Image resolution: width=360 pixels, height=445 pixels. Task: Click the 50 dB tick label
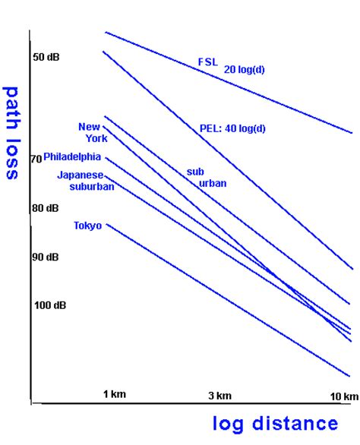[x=46, y=57]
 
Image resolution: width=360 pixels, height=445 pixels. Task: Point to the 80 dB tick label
[x=46, y=208]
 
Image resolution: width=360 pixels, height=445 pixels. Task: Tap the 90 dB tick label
[x=46, y=257]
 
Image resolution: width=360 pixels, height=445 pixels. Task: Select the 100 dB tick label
[x=49, y=305]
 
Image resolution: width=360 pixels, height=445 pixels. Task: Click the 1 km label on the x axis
[x=115, y=394]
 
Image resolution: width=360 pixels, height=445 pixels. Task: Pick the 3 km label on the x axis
[x=219, y=395]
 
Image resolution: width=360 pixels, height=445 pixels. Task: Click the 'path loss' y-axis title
[x=12, y=131]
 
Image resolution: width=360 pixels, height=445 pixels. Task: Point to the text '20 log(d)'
[x=245, y=69]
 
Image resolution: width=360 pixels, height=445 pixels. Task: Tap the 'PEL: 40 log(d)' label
[x=232, y=128]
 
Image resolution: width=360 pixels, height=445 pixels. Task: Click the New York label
[x=93, y=132]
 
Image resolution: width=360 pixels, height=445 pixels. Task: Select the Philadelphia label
[x=72, y=157]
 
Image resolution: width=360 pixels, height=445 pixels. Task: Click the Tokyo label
[x=88, y=225]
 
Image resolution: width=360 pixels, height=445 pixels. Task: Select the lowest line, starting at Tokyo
[x=228, y=300]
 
